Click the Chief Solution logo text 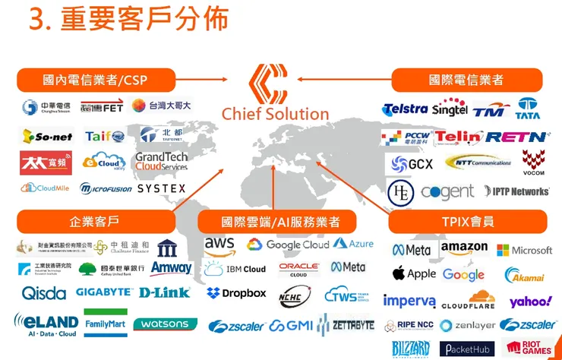[x=275, y=114]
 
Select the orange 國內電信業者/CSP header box [x=96, y=80]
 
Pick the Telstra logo [x=406, y=109]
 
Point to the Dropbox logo [x=237, y=293]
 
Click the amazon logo [x=464, y=248]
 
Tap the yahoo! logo [x=530, y=302]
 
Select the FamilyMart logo [x=106, y=323]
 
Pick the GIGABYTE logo [x=105, y=292]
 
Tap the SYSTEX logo [x=161, y=188]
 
